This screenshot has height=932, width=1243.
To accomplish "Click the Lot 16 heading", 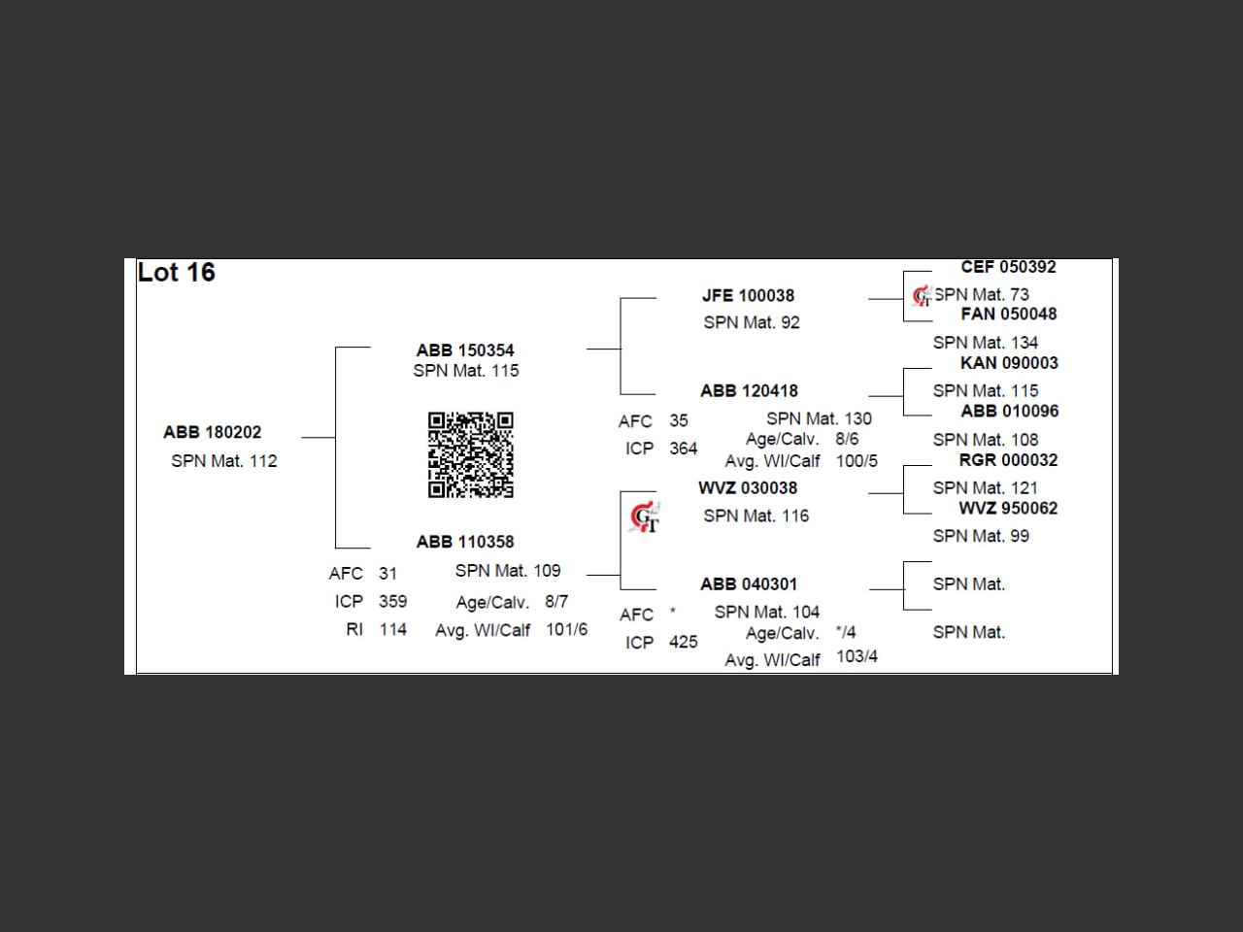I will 177,273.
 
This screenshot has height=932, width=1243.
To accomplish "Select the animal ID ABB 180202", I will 213,432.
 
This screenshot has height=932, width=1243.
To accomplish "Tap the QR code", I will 471,454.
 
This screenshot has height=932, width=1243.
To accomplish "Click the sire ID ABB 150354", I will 465,350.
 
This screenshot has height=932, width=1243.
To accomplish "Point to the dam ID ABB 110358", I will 465,542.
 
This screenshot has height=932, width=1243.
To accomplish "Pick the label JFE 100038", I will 748,296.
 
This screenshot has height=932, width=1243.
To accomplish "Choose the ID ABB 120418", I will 749,391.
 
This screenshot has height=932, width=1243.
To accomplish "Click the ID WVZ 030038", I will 748,488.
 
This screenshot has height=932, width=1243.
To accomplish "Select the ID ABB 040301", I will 749,584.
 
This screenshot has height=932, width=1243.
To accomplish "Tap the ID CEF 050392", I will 1008,267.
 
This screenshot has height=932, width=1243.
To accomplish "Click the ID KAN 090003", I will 1009,363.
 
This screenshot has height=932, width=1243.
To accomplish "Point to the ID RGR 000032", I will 1008,460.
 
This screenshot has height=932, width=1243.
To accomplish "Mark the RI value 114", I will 392,630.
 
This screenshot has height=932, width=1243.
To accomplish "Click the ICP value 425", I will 683,643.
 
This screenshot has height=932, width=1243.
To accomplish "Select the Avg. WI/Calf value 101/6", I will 566,630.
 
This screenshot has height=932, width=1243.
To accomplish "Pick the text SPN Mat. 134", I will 985,343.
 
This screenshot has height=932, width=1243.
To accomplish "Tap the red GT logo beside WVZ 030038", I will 644,517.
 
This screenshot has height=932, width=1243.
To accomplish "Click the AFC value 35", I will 678,421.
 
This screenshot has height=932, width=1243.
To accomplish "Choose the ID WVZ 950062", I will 1008,509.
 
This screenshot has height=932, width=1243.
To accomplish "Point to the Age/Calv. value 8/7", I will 556,602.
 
